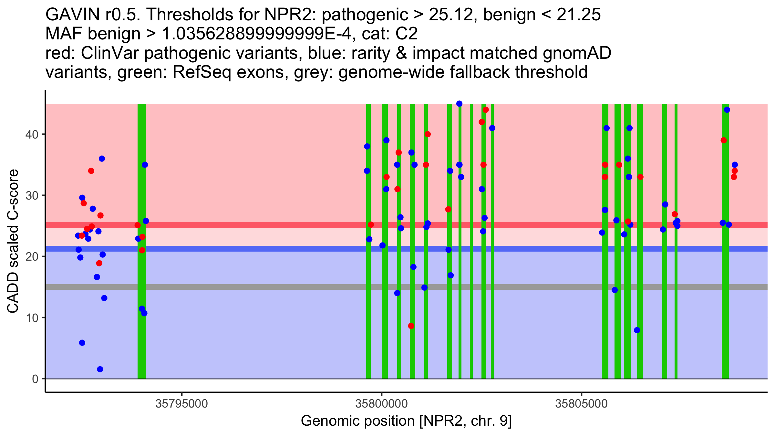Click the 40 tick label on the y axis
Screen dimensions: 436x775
pos(32,134)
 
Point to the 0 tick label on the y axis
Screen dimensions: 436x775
pos(35,379)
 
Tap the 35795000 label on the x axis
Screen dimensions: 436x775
pos(182,404)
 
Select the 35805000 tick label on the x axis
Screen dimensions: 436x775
pos(581,404)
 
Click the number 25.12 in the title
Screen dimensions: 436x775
pos(451,15)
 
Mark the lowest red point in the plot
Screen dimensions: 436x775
pos(411,326)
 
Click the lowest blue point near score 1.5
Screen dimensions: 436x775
pos(100,369)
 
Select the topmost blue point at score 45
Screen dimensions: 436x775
pos(459,104)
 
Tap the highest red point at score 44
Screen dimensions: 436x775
pos(486,110)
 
